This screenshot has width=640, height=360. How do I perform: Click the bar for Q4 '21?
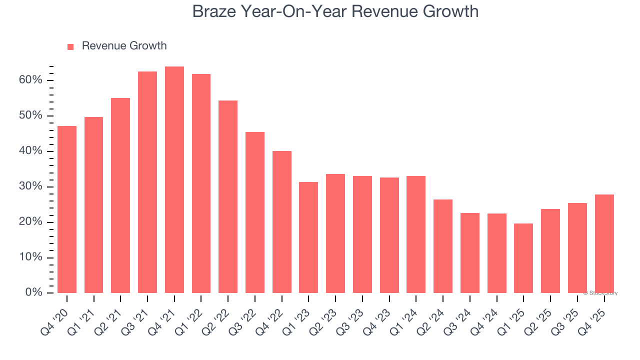pyautogui.click(x=174, y=180)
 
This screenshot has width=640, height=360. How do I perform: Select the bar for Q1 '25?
pyautogui.click(x=523, y=258)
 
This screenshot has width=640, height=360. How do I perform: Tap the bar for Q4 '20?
pyautogui.click(x=67, y=209)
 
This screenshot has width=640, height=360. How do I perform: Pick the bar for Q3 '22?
pyautogui.click(x=255, y=212)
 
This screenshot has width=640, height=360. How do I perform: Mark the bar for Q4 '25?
pyautogui.click(x=604, y=243)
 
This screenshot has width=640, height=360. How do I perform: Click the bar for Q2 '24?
pyautogui.click(x=443, y=246)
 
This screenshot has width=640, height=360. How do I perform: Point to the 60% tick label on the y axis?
pyautogui.click(x=31, y=80)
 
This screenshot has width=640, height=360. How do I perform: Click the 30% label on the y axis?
pyautogui.click(x=31, y=186)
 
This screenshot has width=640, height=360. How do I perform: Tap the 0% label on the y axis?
pyautogui.click(x=33, y=292)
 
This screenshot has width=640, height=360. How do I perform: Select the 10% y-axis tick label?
pyautogui.click(x=31, y=257)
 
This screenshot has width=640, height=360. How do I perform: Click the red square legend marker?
pyautogui.click(x=70, y=46)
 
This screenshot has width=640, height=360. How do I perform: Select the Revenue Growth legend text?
pyautogui.click(x=124, y=46)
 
